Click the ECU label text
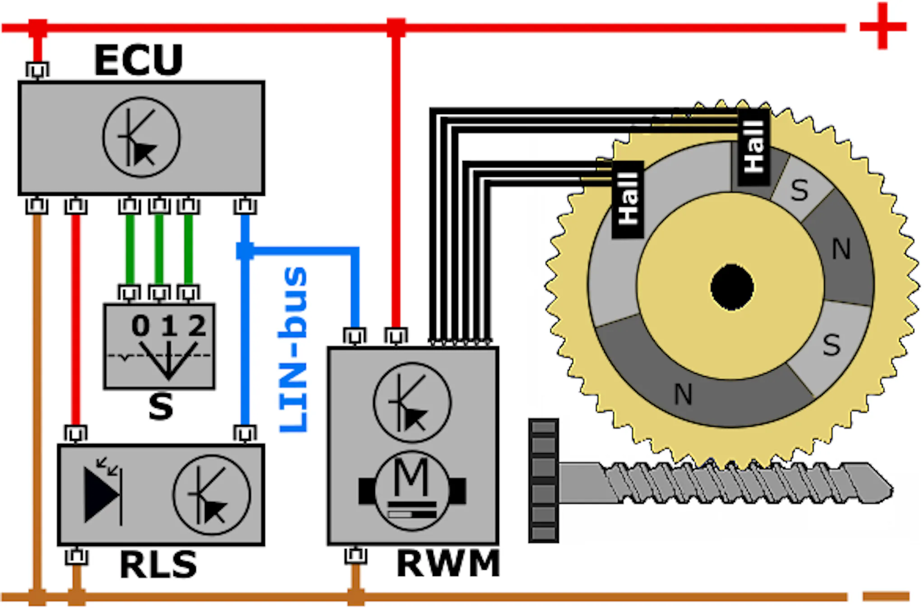click(x=139, y=60)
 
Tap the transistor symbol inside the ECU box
click(x=142, y=137)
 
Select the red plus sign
click(x=883, y=26)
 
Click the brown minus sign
click(x=886, y=596)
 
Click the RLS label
click(x=158, y=564)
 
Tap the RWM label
click(x=448, y=563)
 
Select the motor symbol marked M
click(x=412, y=491)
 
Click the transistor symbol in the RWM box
click(x=412, y=402)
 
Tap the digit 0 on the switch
click(x=140, y=326)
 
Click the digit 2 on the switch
click(x=197, y=326)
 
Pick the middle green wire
click(x=159, y=249)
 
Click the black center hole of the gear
click(x=732, y=287)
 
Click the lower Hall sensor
click(x=628, y=199)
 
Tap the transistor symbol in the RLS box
click(x=212, y=495)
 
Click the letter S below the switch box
click(x=161, y=406)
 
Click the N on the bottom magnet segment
click(x=683, y=394)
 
